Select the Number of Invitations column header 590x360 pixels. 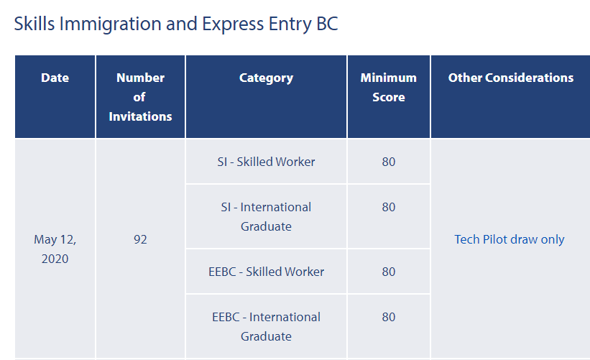point(140,97)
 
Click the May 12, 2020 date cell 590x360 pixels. point(55,249)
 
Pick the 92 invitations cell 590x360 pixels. point(140,239)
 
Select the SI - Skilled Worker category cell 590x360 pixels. point(266,162)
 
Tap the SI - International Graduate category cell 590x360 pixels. point(266,217)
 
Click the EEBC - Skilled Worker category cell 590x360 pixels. point(266,272)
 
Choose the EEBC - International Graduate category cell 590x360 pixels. point(266,326)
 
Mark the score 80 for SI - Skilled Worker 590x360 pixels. point(389,162)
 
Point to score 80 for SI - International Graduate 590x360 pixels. point(389,207)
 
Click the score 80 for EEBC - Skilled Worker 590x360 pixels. point(389,272)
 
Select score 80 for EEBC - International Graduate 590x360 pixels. point(389,317)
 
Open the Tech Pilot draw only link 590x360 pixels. point(510,239)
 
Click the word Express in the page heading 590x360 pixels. point(233,24)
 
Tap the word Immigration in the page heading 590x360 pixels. point(110,24)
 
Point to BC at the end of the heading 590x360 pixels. point(327,24)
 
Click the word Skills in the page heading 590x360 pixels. point(34,24)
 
